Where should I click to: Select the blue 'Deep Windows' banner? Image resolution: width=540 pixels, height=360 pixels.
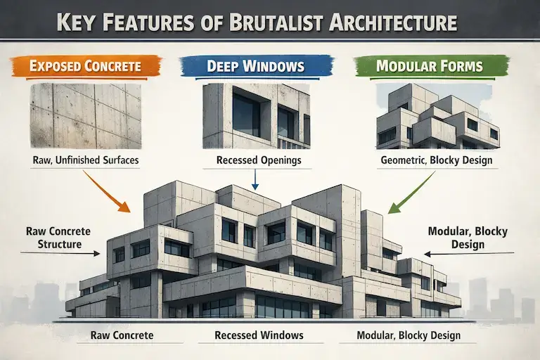point(255,67)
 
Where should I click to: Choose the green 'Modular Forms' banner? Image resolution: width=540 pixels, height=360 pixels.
point(429,67)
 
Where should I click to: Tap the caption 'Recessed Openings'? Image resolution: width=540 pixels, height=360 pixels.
point(256,160)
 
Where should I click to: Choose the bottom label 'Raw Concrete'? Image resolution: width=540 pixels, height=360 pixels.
point(122,335)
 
